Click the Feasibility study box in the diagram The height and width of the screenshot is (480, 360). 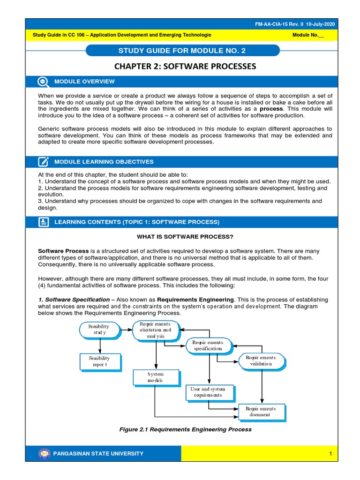pyautogui.click(x=99, y=330)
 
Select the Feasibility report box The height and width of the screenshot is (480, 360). pyautogui.click(x=99, y=361)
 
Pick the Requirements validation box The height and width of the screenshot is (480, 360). pyautogui.click(x=261, y=360)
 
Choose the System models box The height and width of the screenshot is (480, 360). pyautogui.click(x=155, y=377)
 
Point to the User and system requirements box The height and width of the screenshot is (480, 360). pyautogui.click(x=208, y=392)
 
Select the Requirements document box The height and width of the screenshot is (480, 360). pyautogui.click(x=261, y=412)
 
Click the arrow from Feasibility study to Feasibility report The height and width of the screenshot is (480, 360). pyautogui.click(x=100, y=346)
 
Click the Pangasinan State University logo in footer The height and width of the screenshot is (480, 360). pyautogui.click(x=44, y=453)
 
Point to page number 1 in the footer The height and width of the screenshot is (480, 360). pyautogui.click(x=330, y=454)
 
